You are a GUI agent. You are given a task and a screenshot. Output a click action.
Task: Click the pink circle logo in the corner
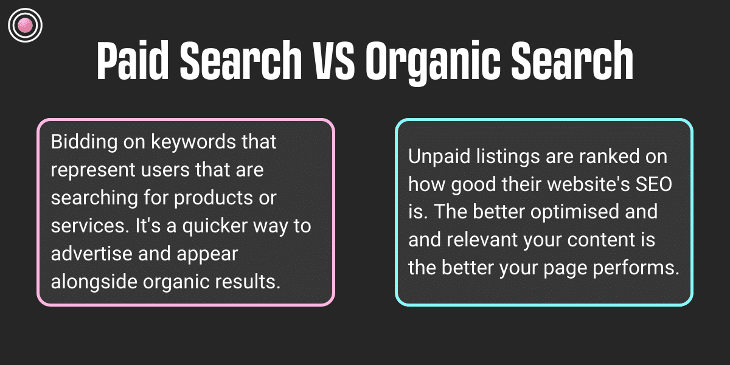[25, 25]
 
